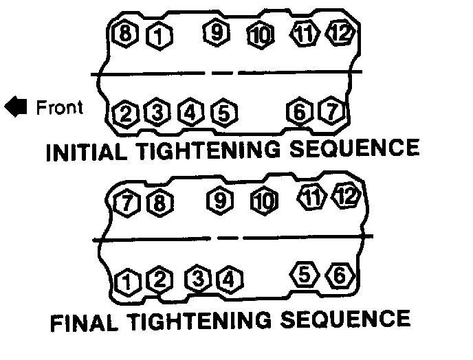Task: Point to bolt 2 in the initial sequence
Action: (125, 113)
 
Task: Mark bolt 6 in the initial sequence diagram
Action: (300, 111)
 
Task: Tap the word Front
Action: (59, 107)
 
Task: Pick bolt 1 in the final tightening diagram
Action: (126, 281)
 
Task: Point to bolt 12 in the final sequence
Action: (347, 196)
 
